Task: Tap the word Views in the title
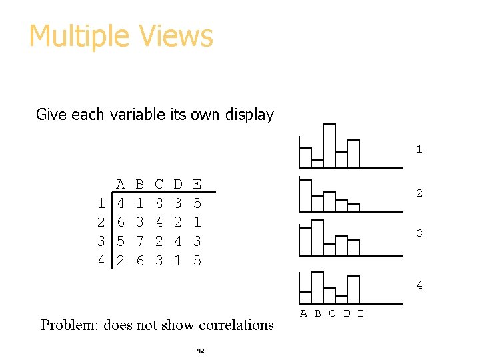click(x=180, y=37)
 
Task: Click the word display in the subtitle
click(x=249, y=115)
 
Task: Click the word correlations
click(x=233, y=325)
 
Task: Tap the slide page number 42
click(x=200, y=350)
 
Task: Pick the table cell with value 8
click(x=159, y=203)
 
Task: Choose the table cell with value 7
click(x=139, y=241)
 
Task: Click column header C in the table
click(x=159, y=184)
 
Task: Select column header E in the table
click(x=197, y=184)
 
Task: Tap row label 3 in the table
click(x=101, y=241)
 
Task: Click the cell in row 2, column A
click(x=121, y=222)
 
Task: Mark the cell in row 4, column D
click(x=177, y=261)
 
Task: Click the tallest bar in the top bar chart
click(x=329, y=145)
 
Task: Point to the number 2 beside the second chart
click(x=419, y=193)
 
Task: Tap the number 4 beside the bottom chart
click(x=419, y=285)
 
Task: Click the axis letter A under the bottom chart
click(x=303, y=313)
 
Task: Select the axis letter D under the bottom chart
click(x=347, y=313)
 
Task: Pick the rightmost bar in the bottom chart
click(x=353, y=289)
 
